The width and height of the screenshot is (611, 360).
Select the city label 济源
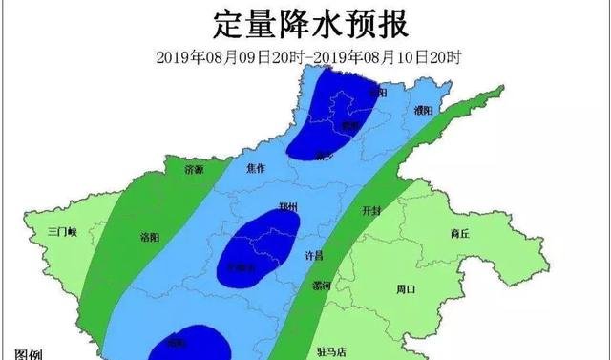pos(195,169)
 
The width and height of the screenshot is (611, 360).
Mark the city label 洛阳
pos(149,237)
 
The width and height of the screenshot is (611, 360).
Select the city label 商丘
pos(459,233)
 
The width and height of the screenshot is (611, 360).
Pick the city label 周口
pos(405,287)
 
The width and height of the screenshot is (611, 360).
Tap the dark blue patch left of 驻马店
pos(191,341)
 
